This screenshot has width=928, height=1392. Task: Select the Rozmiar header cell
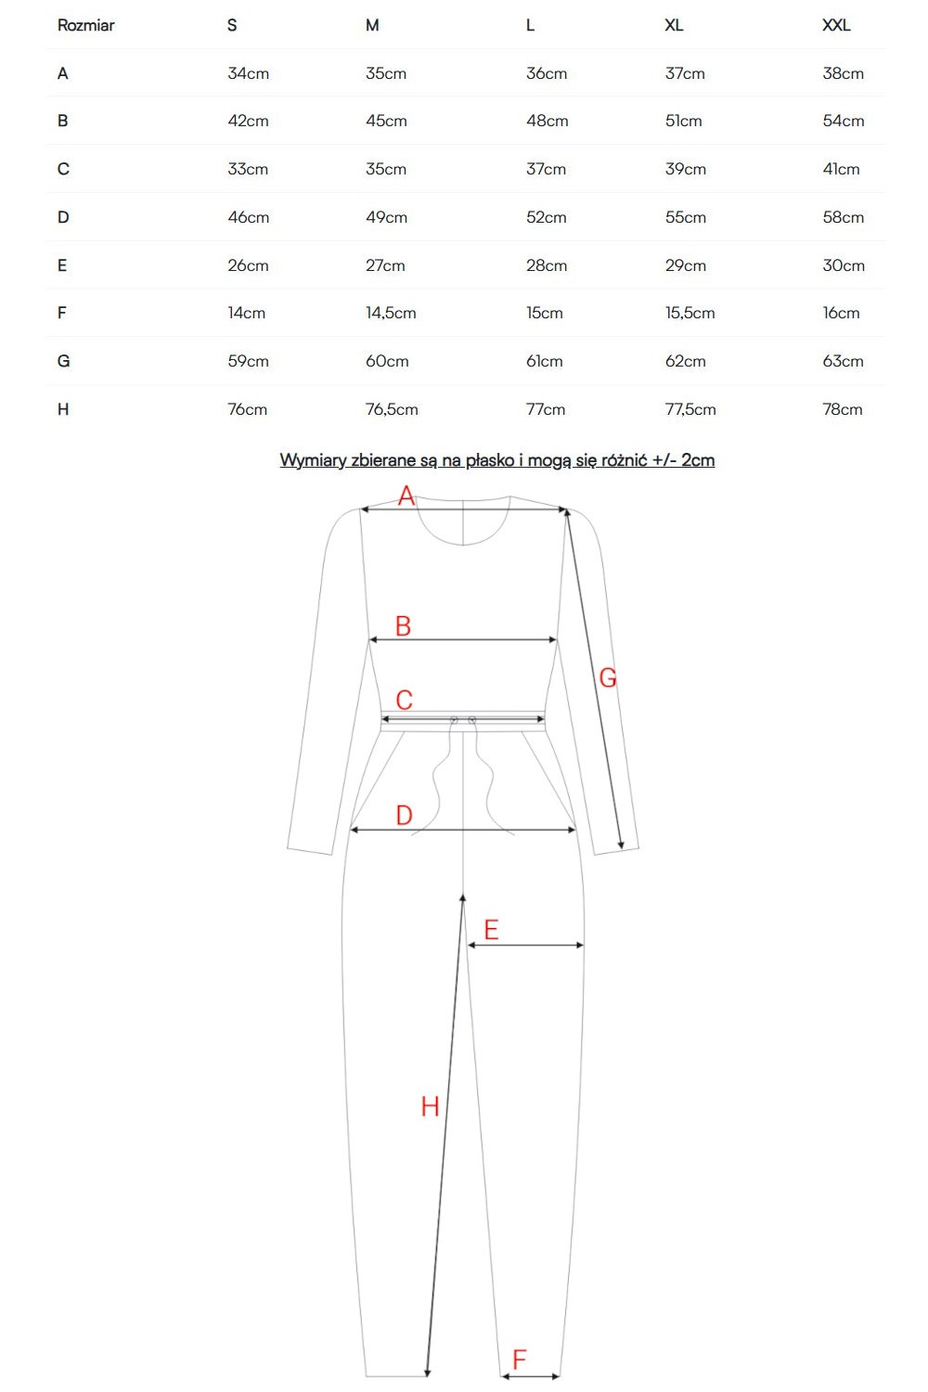pos(85,25)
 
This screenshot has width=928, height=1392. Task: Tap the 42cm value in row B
pos(248,121)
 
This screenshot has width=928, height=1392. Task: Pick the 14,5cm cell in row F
pos(391,313)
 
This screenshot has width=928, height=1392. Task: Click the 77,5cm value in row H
pos(690,409)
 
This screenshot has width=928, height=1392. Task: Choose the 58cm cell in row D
pos(843,217)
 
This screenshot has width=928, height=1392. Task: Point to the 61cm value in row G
pos(544,361)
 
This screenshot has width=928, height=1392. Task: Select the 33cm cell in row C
pos(248,169)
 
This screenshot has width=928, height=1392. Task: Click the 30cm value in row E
pos(844,265)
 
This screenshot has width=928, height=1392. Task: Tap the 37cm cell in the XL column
pos(685,73)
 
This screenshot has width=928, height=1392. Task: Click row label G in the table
pos(63,361)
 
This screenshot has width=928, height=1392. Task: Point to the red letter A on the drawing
pos(406,496)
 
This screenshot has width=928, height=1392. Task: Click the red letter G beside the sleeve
pos(607,677)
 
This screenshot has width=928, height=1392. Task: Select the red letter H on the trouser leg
pos(430,1106)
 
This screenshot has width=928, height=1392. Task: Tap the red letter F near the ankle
pos(519,1360)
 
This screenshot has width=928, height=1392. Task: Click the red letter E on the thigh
pos(491,930)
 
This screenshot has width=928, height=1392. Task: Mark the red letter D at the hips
pos(404,815)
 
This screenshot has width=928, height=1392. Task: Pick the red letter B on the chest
pos(403,625)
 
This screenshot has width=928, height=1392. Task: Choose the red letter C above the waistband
pos(404,700)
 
